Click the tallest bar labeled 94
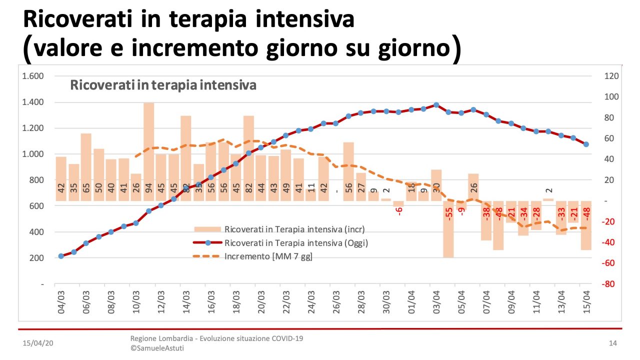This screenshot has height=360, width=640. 148,150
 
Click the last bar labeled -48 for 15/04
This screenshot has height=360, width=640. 586,225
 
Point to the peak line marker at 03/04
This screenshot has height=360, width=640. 436,105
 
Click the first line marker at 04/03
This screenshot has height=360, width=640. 61,256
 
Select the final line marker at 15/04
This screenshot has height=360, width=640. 586,144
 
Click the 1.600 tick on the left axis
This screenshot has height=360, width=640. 33,76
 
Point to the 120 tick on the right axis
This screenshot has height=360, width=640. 612,76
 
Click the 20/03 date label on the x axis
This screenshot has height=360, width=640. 261,302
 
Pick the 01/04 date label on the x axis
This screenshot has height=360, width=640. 411,302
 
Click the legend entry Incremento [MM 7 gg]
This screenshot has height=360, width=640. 268,256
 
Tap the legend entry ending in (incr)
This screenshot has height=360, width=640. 294,229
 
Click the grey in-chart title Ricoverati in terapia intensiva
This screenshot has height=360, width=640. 163,85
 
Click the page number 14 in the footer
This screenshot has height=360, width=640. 612,343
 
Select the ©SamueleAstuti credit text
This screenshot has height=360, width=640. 157,348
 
